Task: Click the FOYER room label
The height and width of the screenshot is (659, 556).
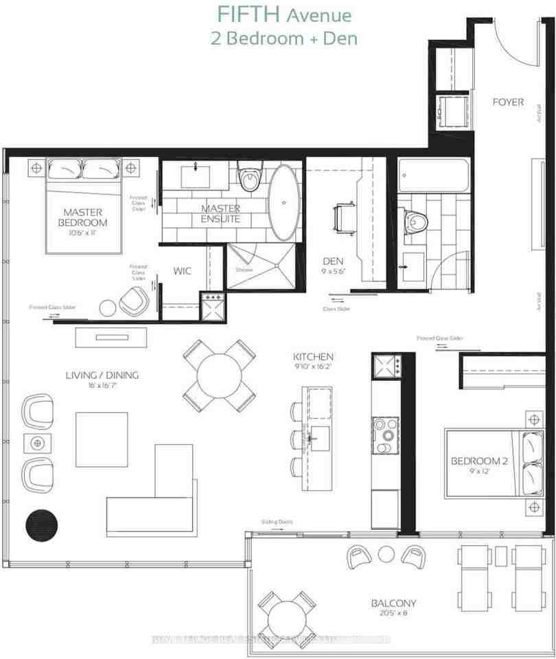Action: (508, 102)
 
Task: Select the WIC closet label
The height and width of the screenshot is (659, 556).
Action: (182, 271)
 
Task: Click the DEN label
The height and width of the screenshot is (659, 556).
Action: (334, 262)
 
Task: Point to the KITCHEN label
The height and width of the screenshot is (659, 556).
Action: (313, 357)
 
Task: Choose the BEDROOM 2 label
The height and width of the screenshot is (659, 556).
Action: (478, 461)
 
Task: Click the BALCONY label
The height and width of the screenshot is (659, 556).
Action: (393, 603)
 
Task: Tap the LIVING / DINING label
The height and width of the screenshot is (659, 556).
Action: (102, 375)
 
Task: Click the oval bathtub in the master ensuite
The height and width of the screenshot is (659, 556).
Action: (282, 203)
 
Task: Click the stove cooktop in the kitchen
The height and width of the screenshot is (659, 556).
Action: (386, 434)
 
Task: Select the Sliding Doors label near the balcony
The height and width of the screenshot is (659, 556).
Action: (276, 522)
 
